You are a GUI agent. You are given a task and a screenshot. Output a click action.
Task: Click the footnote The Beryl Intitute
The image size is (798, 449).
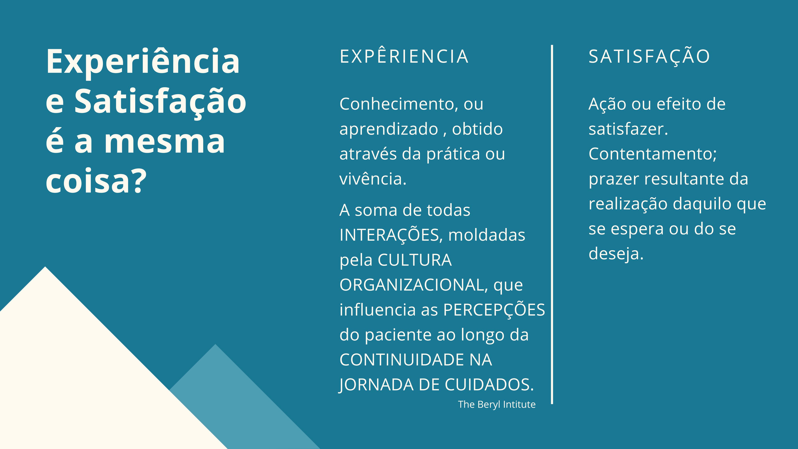point(497,404)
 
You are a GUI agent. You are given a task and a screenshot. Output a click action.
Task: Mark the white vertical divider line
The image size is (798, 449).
point(552,224)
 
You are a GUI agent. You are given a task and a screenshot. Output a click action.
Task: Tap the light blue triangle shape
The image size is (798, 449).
point(245,403)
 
